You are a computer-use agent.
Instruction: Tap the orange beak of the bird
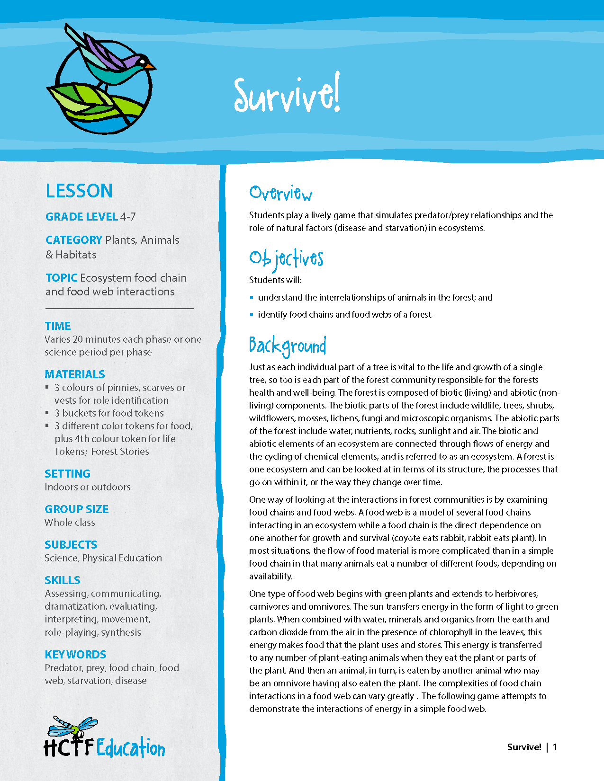click(x=150, y=66)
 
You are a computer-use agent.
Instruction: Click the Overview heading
click(x=280, y=193)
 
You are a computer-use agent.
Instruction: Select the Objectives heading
click(x=286, y=258)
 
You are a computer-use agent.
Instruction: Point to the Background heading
click(x=288, y=346)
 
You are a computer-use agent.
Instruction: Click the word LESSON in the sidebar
click(x=79, y=191)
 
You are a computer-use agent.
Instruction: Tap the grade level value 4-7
click(x=128, y=217)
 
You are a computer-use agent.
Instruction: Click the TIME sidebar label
click(x=58, y=326)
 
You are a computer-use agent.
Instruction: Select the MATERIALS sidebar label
click(x=75, y=374)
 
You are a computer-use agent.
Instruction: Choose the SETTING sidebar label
click(x=67, y=474)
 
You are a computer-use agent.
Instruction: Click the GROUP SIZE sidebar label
click(x=77, y=509)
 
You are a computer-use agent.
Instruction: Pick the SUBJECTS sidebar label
click(x=71, y=545)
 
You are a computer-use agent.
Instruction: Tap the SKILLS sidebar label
click(x=63, y=580)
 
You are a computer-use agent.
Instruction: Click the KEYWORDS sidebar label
click(x=75, y=655)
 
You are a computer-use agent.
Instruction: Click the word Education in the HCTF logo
click(x=131, y=748)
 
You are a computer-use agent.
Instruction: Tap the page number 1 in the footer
click(x=555, y=747)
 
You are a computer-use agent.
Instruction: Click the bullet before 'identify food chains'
click(x=252, y=315)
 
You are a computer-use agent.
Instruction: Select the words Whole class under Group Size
click(x=70, y=523)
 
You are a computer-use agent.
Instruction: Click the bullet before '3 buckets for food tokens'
click(x=47, y=413)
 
